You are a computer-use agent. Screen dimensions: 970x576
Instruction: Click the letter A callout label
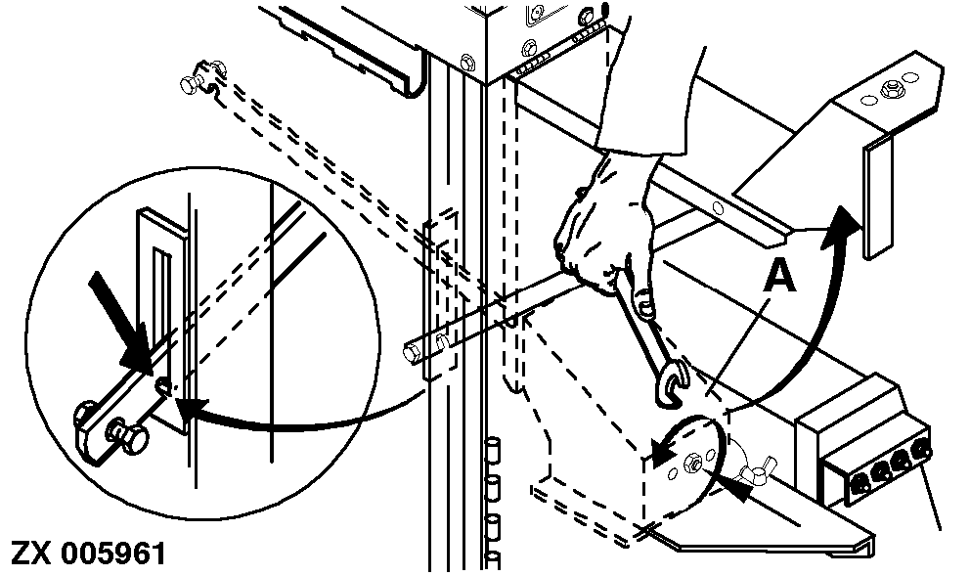click(x=780, y=276)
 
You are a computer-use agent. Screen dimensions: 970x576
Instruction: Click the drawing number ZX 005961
click(x=88, y=554)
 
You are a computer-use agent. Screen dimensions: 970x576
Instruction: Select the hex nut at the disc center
click(x=692, y=463)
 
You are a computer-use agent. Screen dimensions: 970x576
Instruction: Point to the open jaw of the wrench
click(x=671, y=382)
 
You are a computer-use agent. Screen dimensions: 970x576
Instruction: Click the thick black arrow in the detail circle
click(x=121, y=322)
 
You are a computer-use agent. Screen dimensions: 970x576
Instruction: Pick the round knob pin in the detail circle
click(x=129, y=435)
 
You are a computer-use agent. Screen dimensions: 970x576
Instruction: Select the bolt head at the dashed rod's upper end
click(x=190, y=82)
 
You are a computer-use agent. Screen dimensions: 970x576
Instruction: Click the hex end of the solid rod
click(x=410, y=354)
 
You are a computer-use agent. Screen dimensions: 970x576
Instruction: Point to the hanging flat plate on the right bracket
click(x=878, y=197)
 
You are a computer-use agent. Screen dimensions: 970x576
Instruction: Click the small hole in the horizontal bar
click(x=719, y=208)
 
